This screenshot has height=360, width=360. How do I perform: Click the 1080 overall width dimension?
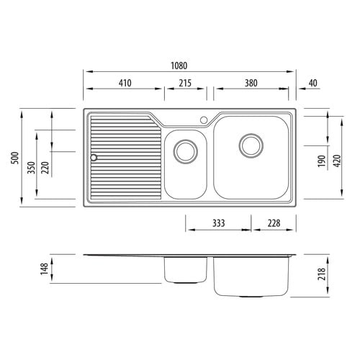click(x=179, y=66)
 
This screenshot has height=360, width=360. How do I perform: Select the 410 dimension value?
click(x=125, y=83)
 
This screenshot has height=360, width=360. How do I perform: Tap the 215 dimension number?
click(x=185, y=83)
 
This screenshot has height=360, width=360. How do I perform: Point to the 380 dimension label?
click(x=251, y=83)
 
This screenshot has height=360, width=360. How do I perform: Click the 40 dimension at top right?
click(x=312, y=83)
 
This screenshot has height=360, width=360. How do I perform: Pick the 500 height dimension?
click(x=15, y=158)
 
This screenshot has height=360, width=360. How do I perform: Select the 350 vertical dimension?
click(x=32, y=168)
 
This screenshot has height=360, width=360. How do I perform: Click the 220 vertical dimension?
click(x=45, y=168)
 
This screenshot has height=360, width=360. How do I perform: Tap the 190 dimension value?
click(x=322, y=161)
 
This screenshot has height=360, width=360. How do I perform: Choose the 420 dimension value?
click(x=337, y=161)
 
